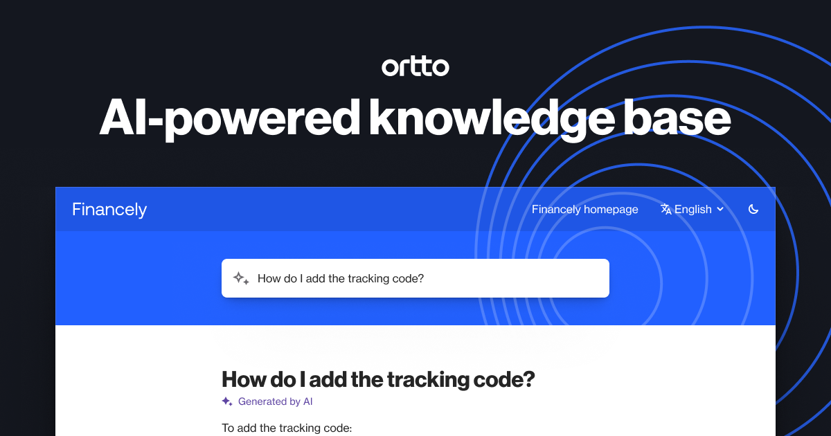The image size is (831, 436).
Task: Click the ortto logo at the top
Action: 415,66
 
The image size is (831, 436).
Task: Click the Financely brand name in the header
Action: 109,209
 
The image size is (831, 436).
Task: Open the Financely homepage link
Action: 584,209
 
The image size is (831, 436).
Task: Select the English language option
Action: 692,209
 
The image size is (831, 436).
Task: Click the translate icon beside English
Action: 666,209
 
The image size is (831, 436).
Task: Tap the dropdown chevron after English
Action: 720,209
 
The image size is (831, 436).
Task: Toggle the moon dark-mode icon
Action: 753,209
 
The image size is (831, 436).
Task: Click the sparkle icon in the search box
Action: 240,278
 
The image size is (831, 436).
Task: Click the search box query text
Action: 340,278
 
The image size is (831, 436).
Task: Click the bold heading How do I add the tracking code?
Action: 378,379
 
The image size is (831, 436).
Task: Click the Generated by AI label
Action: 276,401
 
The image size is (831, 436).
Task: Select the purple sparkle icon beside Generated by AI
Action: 226,401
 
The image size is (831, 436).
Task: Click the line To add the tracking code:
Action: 287,428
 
